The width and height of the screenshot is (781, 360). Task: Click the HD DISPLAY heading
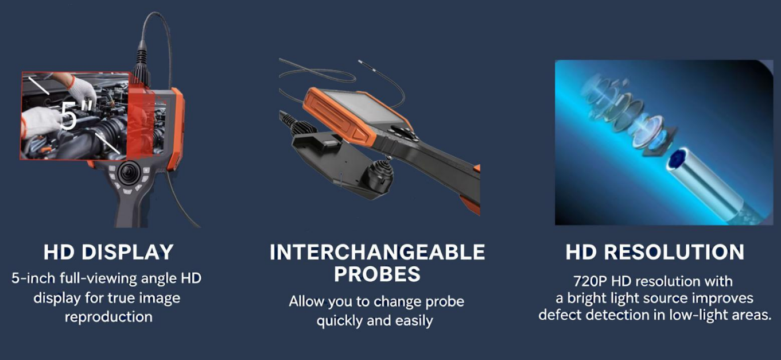pyautogui.click(x=108, y=252)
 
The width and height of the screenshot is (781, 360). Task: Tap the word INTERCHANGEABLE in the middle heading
pyautogui.click(x=377, y=252)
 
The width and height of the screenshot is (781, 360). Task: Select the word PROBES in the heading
pyautogui.click(x=377, y=274)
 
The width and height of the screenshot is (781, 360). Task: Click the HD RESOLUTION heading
pyautogui.click(x=655, y=252)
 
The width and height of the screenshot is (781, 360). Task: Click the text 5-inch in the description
pyautogui.click(x=33, y=278)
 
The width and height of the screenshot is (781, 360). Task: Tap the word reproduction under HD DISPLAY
pyautogui.click(x=108, y=318)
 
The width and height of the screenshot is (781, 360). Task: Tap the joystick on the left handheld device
pyautogui.click(x=129, y=173)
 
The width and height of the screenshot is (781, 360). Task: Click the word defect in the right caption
pyautogui.click(x=560, y=315)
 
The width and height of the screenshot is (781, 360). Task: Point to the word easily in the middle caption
pyautogui.click(x=414, y=321)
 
